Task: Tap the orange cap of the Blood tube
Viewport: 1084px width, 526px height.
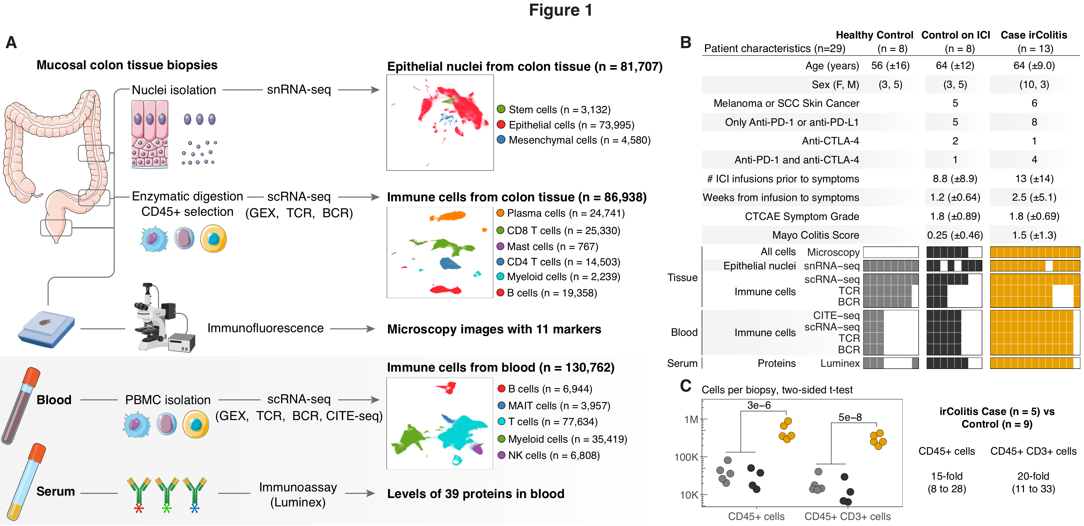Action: (x=32, y=377)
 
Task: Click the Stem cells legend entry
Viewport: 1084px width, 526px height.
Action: (x=553, y=110)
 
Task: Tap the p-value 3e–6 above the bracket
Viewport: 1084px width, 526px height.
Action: (x=759, y=405)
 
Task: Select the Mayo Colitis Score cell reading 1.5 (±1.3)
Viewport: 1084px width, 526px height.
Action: (x=1034, y=235)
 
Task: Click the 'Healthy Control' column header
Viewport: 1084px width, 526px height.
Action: (x=874, y=35)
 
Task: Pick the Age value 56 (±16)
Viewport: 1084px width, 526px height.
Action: (x=890, y=66)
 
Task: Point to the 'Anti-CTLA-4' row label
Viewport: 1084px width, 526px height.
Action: (x=830, y=141)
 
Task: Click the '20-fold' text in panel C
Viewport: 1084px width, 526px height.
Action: (x=1033, y=476)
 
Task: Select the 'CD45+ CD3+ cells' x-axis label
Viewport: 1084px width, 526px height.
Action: (x=847, y=516)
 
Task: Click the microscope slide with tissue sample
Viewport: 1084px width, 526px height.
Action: (x=46, y=329)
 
